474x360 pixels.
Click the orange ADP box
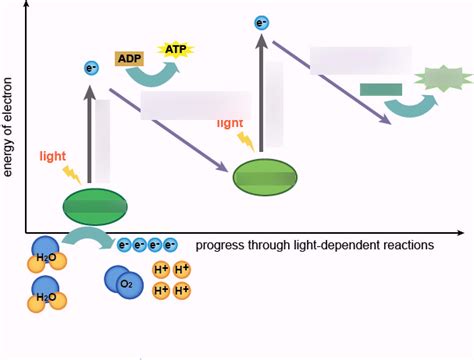(x=130, y=59)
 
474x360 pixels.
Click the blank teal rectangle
(x=380, y=90)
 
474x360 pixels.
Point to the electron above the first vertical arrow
(x=92, y=69)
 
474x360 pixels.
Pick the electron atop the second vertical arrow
(x=262, y=23)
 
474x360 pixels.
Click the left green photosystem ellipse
(x=95, y=206)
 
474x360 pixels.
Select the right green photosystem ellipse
(x=265, y=177)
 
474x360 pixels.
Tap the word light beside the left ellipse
(x=54, y=156)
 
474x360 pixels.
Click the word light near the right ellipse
(x=230, y=123)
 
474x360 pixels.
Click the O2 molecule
(x=124, y=283)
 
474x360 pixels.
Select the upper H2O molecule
(x=46, y=253)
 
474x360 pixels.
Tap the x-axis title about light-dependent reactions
(x=314, y=245)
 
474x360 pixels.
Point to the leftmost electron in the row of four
(x=124, y=244)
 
